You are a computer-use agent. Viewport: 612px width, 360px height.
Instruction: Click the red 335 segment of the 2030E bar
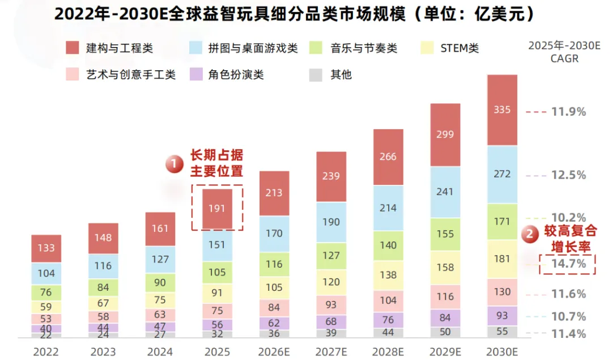tap(502, 110)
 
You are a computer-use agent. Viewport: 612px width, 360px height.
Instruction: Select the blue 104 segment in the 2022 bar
tap(46, 273)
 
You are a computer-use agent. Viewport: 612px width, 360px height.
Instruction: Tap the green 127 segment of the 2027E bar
tap(331, 256)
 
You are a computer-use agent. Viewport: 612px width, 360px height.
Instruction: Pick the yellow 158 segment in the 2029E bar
tap(445, 268)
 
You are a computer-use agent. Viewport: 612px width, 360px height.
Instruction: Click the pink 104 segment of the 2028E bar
tap(388, 300)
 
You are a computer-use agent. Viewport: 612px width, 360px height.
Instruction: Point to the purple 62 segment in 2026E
tap(274, 323)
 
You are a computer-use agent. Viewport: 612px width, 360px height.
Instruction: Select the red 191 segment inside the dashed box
tap(217, 209)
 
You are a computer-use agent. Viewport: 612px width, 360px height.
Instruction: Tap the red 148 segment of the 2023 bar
tap(103, 238)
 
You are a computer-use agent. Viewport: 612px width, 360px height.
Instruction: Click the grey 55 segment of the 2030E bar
tap(502, 332)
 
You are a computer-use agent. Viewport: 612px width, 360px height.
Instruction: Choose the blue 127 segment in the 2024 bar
tap(160, 259)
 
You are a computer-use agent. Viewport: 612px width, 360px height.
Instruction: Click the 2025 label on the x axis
tap(217, 351)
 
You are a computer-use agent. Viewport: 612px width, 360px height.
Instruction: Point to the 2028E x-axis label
tap(388, 351)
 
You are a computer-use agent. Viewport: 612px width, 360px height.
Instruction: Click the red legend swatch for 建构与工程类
tap(72, 48)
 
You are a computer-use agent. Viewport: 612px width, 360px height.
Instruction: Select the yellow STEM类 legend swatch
tap(427, 48)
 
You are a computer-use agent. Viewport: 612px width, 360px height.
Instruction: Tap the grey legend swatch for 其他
tap(316, 75)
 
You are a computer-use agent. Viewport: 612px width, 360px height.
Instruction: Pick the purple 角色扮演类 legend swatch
tap(196, 75)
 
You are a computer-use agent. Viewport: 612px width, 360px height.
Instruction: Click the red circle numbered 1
tap(174, 164)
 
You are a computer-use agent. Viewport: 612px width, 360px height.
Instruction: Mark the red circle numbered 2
tap(530, 234)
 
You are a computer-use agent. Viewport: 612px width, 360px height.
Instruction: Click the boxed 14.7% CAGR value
tap(568, 264)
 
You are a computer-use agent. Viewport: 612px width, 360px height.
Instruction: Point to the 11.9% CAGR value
tap(568, 112)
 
